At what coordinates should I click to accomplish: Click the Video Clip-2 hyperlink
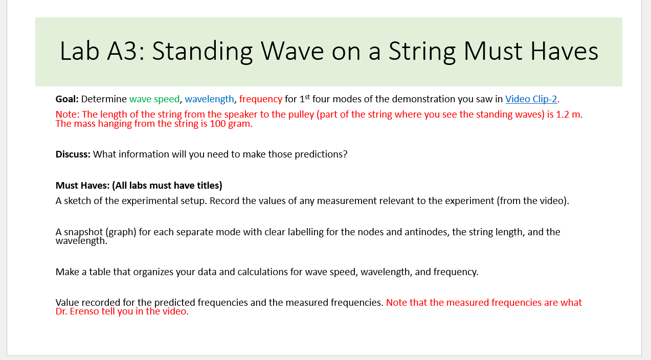pos(531,99)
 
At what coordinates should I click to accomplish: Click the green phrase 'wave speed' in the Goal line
pos(154,99)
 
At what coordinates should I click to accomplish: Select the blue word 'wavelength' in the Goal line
pos(209,99)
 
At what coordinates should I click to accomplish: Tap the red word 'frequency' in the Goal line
pos(260,99)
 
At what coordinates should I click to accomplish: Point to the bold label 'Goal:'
pos(67,99)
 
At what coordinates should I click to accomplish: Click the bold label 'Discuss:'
pos(73,154)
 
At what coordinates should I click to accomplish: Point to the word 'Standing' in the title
pos(201,52)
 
